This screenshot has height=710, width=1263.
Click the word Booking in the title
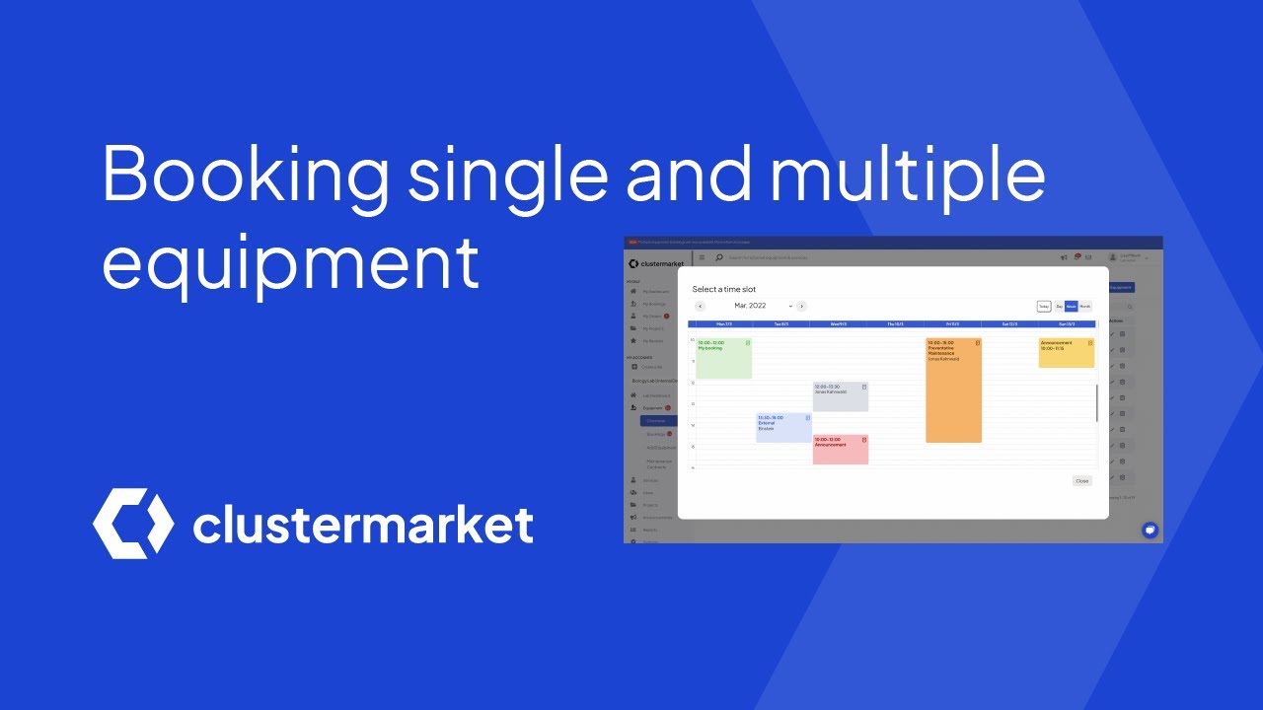point(247,174)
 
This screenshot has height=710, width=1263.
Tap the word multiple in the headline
point(908,174)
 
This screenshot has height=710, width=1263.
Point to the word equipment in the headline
point(291,262)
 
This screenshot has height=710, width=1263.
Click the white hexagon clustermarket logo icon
point(133,524)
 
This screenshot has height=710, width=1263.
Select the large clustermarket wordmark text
point(363,525)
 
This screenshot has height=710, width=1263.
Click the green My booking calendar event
point(724,358)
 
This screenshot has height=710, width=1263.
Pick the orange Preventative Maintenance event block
point(953,390)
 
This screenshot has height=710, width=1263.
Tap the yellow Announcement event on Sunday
point(1066,353)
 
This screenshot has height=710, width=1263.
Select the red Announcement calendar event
point(841,450)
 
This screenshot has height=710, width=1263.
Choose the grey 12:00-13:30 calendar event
point(841,396)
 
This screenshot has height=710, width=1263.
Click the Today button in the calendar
point(1044,307)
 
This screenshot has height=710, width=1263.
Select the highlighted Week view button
point(1071,307)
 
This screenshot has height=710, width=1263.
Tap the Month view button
point(1085,307)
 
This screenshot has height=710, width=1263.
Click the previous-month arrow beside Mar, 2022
point(701,307)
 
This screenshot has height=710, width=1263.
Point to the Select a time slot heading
point(724,289)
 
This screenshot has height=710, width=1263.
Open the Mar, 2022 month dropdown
point(763,307)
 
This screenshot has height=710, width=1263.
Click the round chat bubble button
point(1150,530)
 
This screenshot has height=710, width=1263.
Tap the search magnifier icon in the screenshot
point(719,257)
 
